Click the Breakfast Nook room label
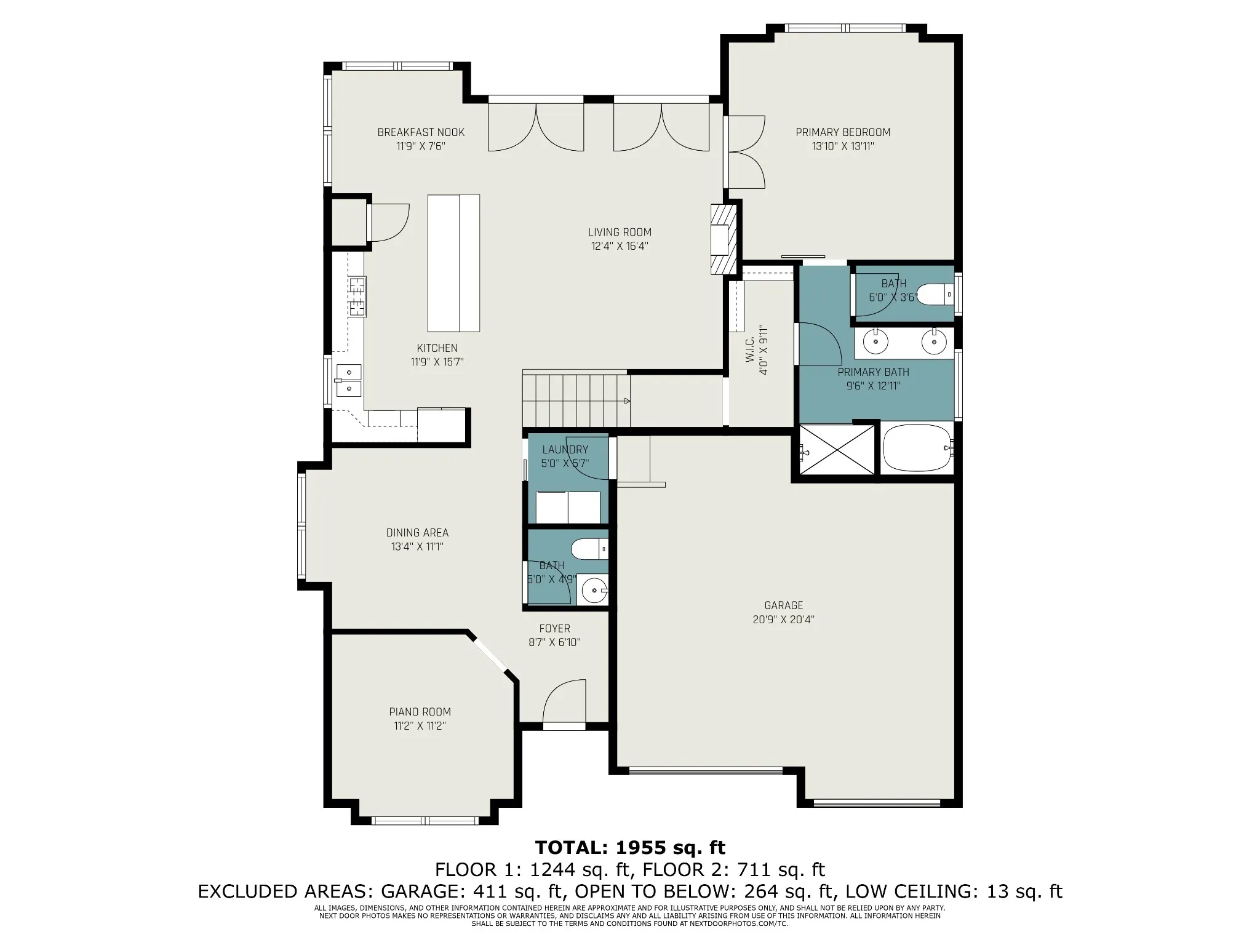coord(421,132)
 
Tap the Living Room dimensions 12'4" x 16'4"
coord(620,246)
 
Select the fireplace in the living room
coord(723,239)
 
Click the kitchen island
coord(453,263)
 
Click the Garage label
coord(784,605)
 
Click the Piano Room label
coord(420,712)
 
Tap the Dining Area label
coord(417,533)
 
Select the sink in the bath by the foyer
coord(595,591)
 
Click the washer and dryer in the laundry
coord(567,508)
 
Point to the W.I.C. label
coord(750,357)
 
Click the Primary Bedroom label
coord(843,132)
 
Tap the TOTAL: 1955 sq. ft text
coord(630,848)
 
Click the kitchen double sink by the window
coord(348,380)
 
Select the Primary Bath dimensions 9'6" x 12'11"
coord(873,386)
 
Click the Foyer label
coord(554,629)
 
